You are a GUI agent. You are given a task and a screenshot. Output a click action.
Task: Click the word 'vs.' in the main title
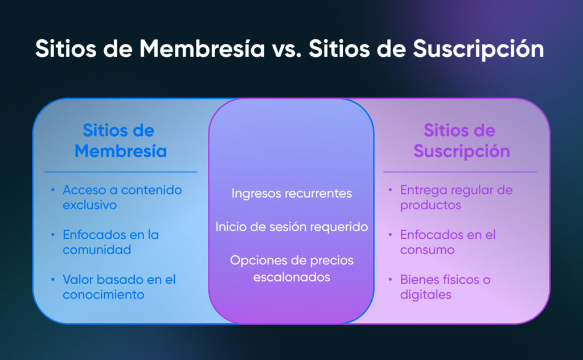(x=286, y=49)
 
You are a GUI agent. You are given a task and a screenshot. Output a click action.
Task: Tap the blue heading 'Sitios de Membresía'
(x=121, y=141)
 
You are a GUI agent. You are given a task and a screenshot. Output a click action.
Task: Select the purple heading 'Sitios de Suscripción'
(x=461, y=141)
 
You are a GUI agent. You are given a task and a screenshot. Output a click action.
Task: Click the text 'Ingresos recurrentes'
(x=291, y=194)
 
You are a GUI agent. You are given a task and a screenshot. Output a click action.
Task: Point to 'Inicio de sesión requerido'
(x=291, y=227)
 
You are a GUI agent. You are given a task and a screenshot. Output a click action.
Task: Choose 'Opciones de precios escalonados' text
(x=291, y=268)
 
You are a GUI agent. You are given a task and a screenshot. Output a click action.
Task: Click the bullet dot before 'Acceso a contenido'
(x=53, y=190)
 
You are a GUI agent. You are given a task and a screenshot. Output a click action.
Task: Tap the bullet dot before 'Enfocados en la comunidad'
(x=53, y=235)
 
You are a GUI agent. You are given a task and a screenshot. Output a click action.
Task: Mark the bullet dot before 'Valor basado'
(x=53, y=279)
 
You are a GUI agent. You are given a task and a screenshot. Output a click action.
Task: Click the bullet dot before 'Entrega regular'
(x=390, y=190)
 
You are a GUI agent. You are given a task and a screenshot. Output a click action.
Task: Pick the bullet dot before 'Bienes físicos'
(x=390, y=279)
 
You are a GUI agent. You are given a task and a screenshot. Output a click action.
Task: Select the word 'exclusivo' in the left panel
(x=89, y=205)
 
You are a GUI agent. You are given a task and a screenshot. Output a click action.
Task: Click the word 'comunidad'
(x=97, y=249)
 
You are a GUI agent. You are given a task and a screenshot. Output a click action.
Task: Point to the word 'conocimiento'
(x=104, y=294)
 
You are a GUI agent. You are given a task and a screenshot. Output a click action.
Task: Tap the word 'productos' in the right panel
(x=430, y=205)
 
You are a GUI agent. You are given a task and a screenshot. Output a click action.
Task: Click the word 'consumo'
(x=427, y=250)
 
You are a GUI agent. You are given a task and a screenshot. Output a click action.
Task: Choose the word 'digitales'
(x=426, y=294)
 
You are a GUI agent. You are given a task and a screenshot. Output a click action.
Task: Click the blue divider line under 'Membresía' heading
(x=121, y=172)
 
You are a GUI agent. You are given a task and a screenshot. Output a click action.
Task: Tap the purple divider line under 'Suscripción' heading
(x=460, y=172)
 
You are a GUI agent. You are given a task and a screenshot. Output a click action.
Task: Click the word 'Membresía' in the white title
(x=202, y=49)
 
